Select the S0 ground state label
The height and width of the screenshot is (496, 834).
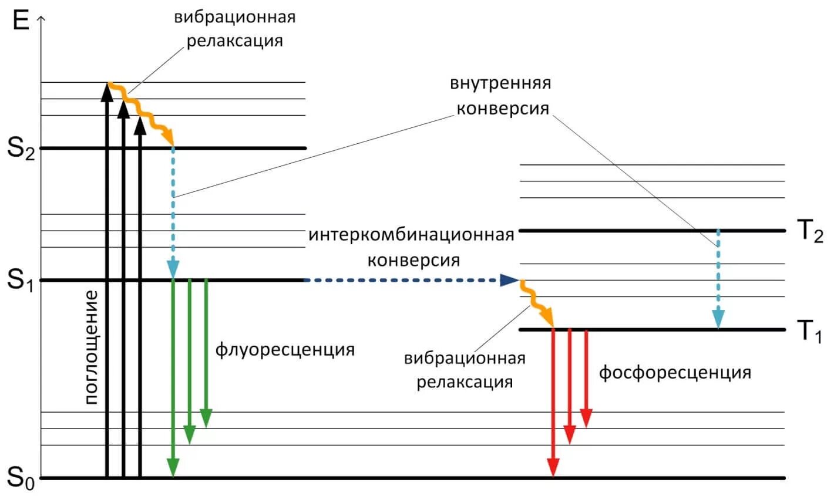click(x=21, y=478)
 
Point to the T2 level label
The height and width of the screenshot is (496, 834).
click(x=809, y=232)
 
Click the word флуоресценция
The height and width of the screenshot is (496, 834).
click(x=285, y=350)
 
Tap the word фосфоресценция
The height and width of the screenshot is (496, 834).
click(x=675, y=372)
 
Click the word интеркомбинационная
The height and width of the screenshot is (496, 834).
click(x=411, y=235)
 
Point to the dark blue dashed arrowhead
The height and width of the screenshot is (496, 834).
click(x=509, y=280)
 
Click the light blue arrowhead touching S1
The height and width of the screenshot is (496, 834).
click(x=173, y=269)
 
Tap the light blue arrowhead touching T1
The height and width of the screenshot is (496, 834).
click(x=718, y=319)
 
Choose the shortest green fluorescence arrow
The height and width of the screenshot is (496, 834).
click(x=206, y=352)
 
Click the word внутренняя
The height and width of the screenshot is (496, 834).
click(x=500, y=83)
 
